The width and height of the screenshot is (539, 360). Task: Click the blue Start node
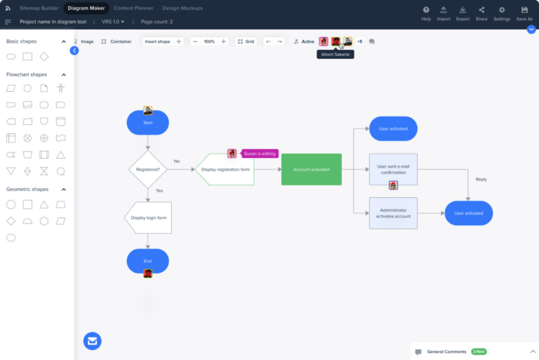pyautogui.click(x=147, y=123)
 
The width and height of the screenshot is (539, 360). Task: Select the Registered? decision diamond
pyautogui.click(x=147, y=169)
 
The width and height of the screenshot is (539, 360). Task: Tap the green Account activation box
pyautogui.click(x=311, y=169)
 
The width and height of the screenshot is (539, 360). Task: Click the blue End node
pyautogui.click(x=147, y=261)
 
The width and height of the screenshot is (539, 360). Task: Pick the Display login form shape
pyautogui.click(x=148, y=218)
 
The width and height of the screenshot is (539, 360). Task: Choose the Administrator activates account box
pyautogui.click(x=393, y=213)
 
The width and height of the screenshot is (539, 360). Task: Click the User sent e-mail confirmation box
pyautogui.click(x=393, y=169)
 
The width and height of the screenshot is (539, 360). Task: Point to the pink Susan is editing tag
pyautogui.click(x=260, y=153)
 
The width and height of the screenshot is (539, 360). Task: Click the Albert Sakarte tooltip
pyautogui.click(x=335, y=54)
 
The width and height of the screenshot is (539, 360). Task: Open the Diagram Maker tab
pyautogui.click(x=86, y=8)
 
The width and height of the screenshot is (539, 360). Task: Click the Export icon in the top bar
pyautogui.click(x=463, y=13)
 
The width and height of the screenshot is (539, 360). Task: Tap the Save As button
pyautogui.click(x=524, y=13)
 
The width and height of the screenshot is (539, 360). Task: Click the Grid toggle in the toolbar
pyautogui.click(x=246, y=41)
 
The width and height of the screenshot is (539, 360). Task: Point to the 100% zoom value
pyautogui.click(x=209, y=41)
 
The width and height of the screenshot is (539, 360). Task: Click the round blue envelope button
pyautogui.click(x=93, y=341)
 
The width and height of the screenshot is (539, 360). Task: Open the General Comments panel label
pyautogui.click(x=446, y=352)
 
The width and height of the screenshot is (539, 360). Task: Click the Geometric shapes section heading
pyautogui.click(x=27, y=189)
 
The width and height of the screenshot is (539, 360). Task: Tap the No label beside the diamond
pyautogui.click(x=177, y=161)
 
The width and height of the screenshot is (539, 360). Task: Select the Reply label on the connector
pyautogui.click(x=481, y=179)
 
